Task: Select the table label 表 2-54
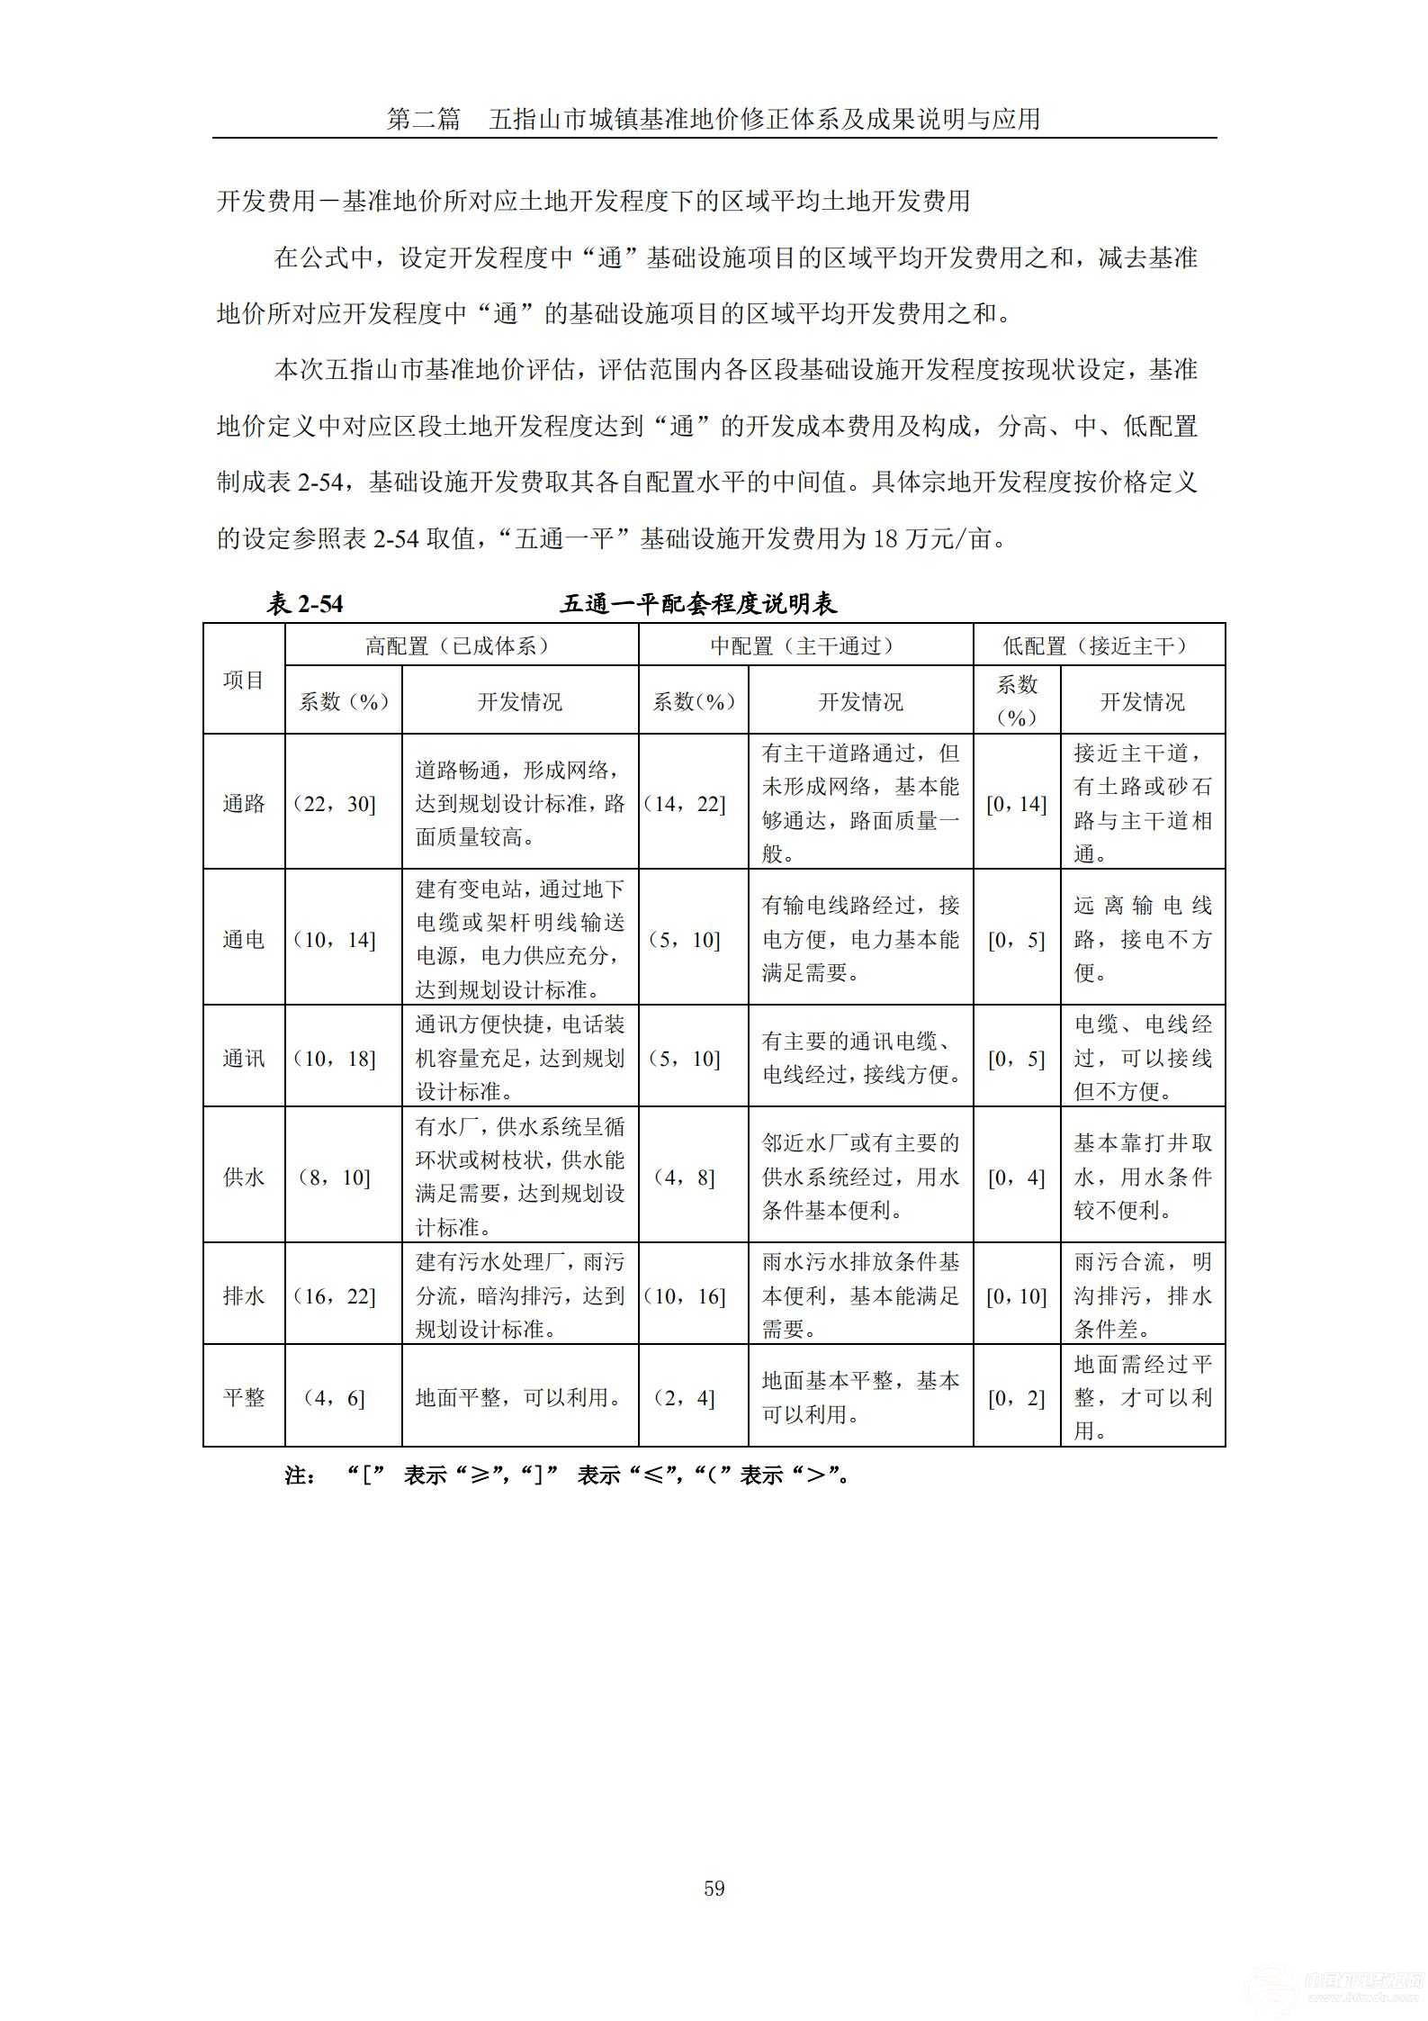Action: click(x=304, y=603)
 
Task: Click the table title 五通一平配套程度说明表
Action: click(x=698, y=603)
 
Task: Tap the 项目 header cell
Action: click(x=244, y=680)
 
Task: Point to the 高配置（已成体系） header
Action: click(x=461, y=645)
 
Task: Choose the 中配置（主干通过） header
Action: click(x=805, y=645)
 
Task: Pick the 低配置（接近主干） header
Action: click(x=1098, y=645)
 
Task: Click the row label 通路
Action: click(x=244, y=803)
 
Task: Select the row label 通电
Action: click(x=244, y=939)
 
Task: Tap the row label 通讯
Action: click(x=244, y=1058)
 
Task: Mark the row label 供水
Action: click(x=244, y=1177)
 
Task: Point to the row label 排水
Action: click(x=244, y=1295)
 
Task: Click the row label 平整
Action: click(x=244, y=1397)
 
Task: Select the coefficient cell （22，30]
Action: click(x=335, y=803)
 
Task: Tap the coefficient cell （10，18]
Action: click(x=335, y=1058)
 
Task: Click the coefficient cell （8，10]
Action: click(x=335, y=1177)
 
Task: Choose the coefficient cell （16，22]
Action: click(x=335, y=1295)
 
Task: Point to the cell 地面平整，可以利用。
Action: click(x=519, y=1397)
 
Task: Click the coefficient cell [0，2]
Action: click(x=1016, y=1397)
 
